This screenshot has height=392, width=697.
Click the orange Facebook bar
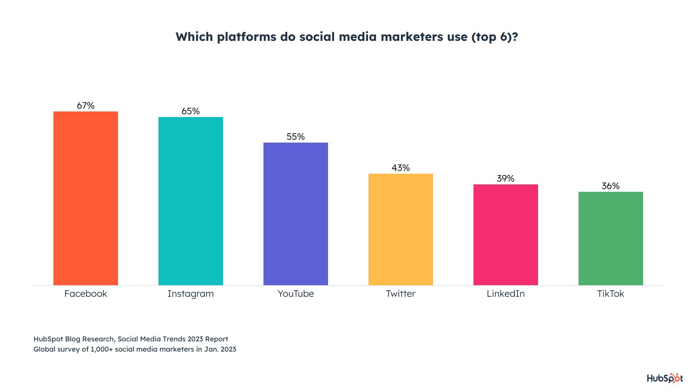(85, 198)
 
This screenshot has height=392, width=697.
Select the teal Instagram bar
(191, 201)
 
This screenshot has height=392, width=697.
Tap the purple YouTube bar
(296, 214)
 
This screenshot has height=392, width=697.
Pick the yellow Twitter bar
(401, 229)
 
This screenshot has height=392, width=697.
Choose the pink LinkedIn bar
(506, 235)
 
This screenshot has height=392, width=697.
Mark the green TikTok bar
(611, 238)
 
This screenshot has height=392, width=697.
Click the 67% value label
(85, 105)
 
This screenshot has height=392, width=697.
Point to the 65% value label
(191, 111)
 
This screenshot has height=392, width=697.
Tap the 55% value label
(296, 137)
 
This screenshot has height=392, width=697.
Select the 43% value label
(401, 168)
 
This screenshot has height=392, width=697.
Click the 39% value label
(506, 178)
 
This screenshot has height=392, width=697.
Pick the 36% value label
(611, 186)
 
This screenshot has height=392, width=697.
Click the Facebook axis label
(85, 294)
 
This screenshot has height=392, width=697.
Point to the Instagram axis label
(191, 294)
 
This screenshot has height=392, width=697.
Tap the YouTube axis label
(296, 294)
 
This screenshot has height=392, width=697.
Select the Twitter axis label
(401, 294)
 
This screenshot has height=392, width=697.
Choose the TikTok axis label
(611, 294)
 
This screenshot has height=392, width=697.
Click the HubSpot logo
(665, 378)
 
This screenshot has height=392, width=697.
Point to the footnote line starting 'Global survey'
(135, 349)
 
